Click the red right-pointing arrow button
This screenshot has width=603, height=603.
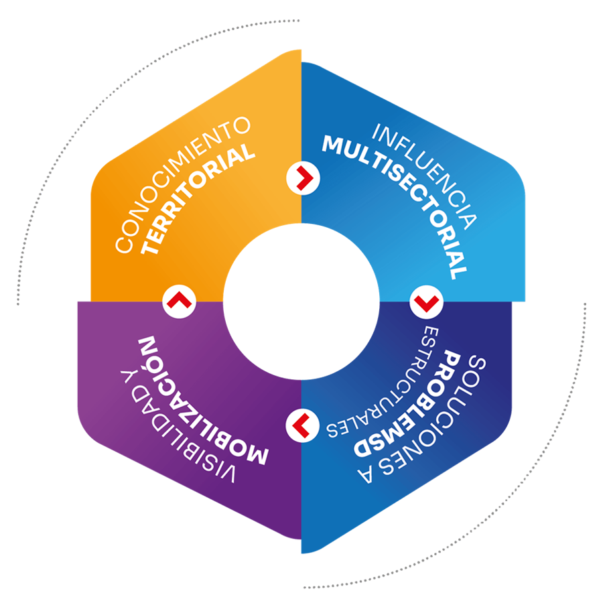click(302, 178)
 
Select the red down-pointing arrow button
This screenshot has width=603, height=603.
click(424, 302)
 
